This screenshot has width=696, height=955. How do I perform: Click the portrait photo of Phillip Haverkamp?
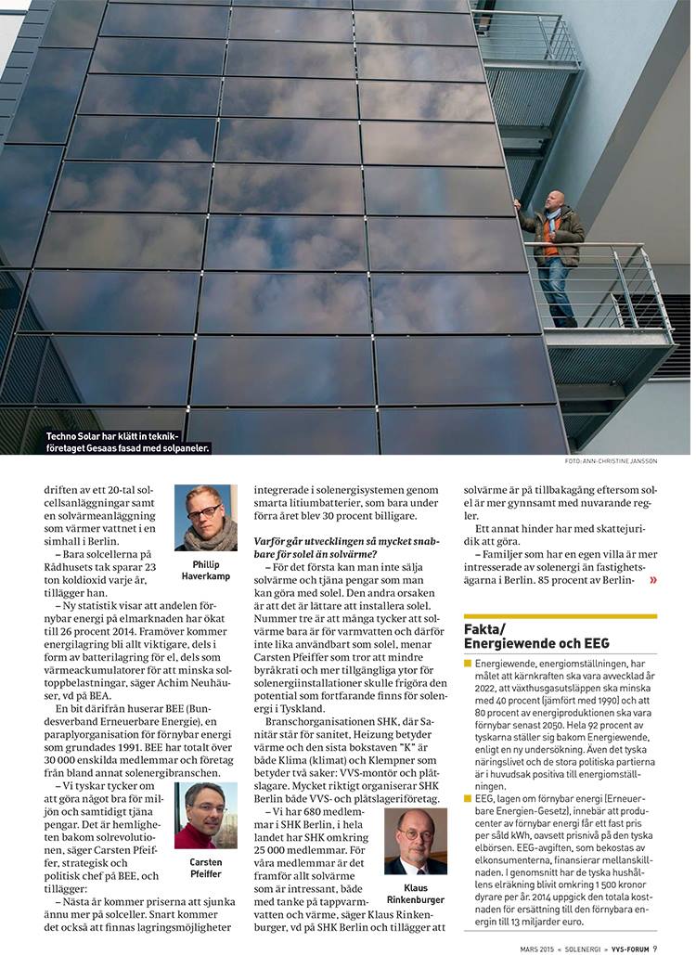205,518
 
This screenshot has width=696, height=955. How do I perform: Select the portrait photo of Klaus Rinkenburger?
415,841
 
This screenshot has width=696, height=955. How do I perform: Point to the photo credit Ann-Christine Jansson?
611,461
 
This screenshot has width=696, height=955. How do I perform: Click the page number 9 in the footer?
654,948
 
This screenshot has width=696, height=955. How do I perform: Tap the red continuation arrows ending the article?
653,581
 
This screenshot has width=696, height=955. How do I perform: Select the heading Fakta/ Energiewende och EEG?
536,636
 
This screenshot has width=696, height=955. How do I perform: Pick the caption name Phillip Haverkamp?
205,570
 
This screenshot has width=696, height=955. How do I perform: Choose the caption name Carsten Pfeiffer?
205,868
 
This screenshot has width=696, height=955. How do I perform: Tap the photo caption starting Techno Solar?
128,441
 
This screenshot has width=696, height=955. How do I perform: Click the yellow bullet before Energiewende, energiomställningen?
468,665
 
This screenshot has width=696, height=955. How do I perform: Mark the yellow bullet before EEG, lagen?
468,797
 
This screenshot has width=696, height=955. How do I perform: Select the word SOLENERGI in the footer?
562,948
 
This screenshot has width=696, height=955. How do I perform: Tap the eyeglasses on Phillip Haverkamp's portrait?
203,510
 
